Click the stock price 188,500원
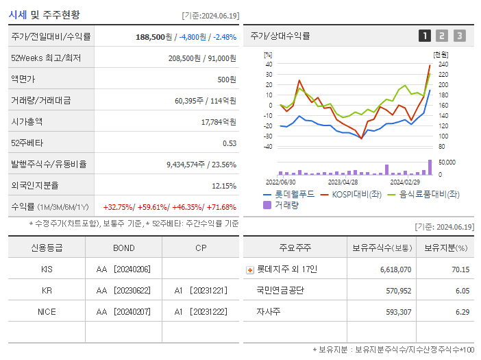pyautogui.click(x=154, y=37)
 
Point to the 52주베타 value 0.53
pyautogui.click(x=230, y=143)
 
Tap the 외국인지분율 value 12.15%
pyautogui.click(x=224, y=186)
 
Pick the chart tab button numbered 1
pyautogui.click(x=425, y=36)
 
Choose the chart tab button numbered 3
pyautogui.click(x=459, y=36)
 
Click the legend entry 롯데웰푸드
pyautogui.click(x=294, y=195)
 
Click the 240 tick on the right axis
pyautogui.click(x=443, y=64)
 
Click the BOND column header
pyautogui.click(x=124, y=248)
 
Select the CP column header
pyautogui.click(x=201, y=248)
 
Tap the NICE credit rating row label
pyautogui.click(x=47, y=312)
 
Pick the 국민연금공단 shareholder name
pyautogui.click(x=280, y=291)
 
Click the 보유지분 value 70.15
pyautogui.click(x=460, y=269)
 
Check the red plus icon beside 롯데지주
pyautogui.click(x=250, y=270)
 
